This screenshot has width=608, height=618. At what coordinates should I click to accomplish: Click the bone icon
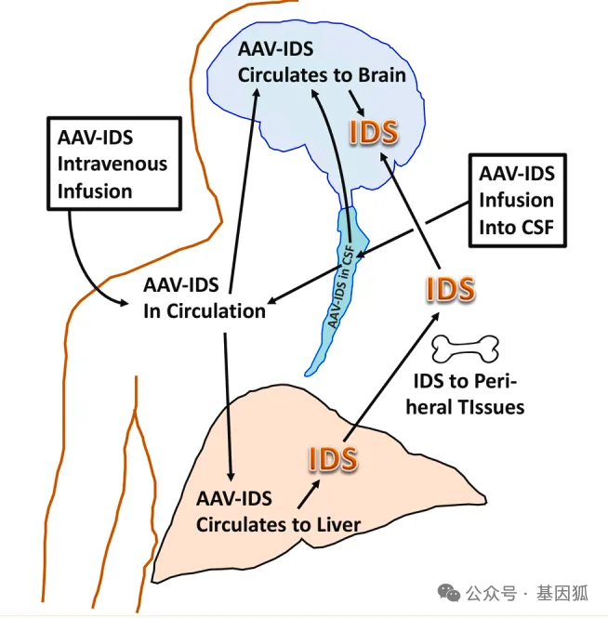[465, 349]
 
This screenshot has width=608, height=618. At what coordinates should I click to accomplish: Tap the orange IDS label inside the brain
[374, 132]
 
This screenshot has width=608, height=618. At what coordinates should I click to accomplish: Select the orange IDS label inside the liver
[333, 458]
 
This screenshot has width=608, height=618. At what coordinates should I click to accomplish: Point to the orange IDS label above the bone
[451, 289]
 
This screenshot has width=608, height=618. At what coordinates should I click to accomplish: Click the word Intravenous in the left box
[112, 164]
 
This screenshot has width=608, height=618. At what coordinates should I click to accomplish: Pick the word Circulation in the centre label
[216, 311]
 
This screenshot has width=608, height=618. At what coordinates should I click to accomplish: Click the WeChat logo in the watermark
[449, 592]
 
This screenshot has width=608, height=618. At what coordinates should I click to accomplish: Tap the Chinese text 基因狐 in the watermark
[562, 593]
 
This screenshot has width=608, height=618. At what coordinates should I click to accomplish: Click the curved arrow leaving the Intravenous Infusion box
[84, 272]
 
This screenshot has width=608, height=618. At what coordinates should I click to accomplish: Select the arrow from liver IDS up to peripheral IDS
[392, 376]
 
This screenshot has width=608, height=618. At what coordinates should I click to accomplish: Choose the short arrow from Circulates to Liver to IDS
[309, 493]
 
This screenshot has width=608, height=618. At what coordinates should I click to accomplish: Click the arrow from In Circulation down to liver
[229, 407]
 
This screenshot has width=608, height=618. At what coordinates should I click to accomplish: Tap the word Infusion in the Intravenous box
[95, 191]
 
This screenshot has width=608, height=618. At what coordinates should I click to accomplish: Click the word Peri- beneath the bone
[496, 381]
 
